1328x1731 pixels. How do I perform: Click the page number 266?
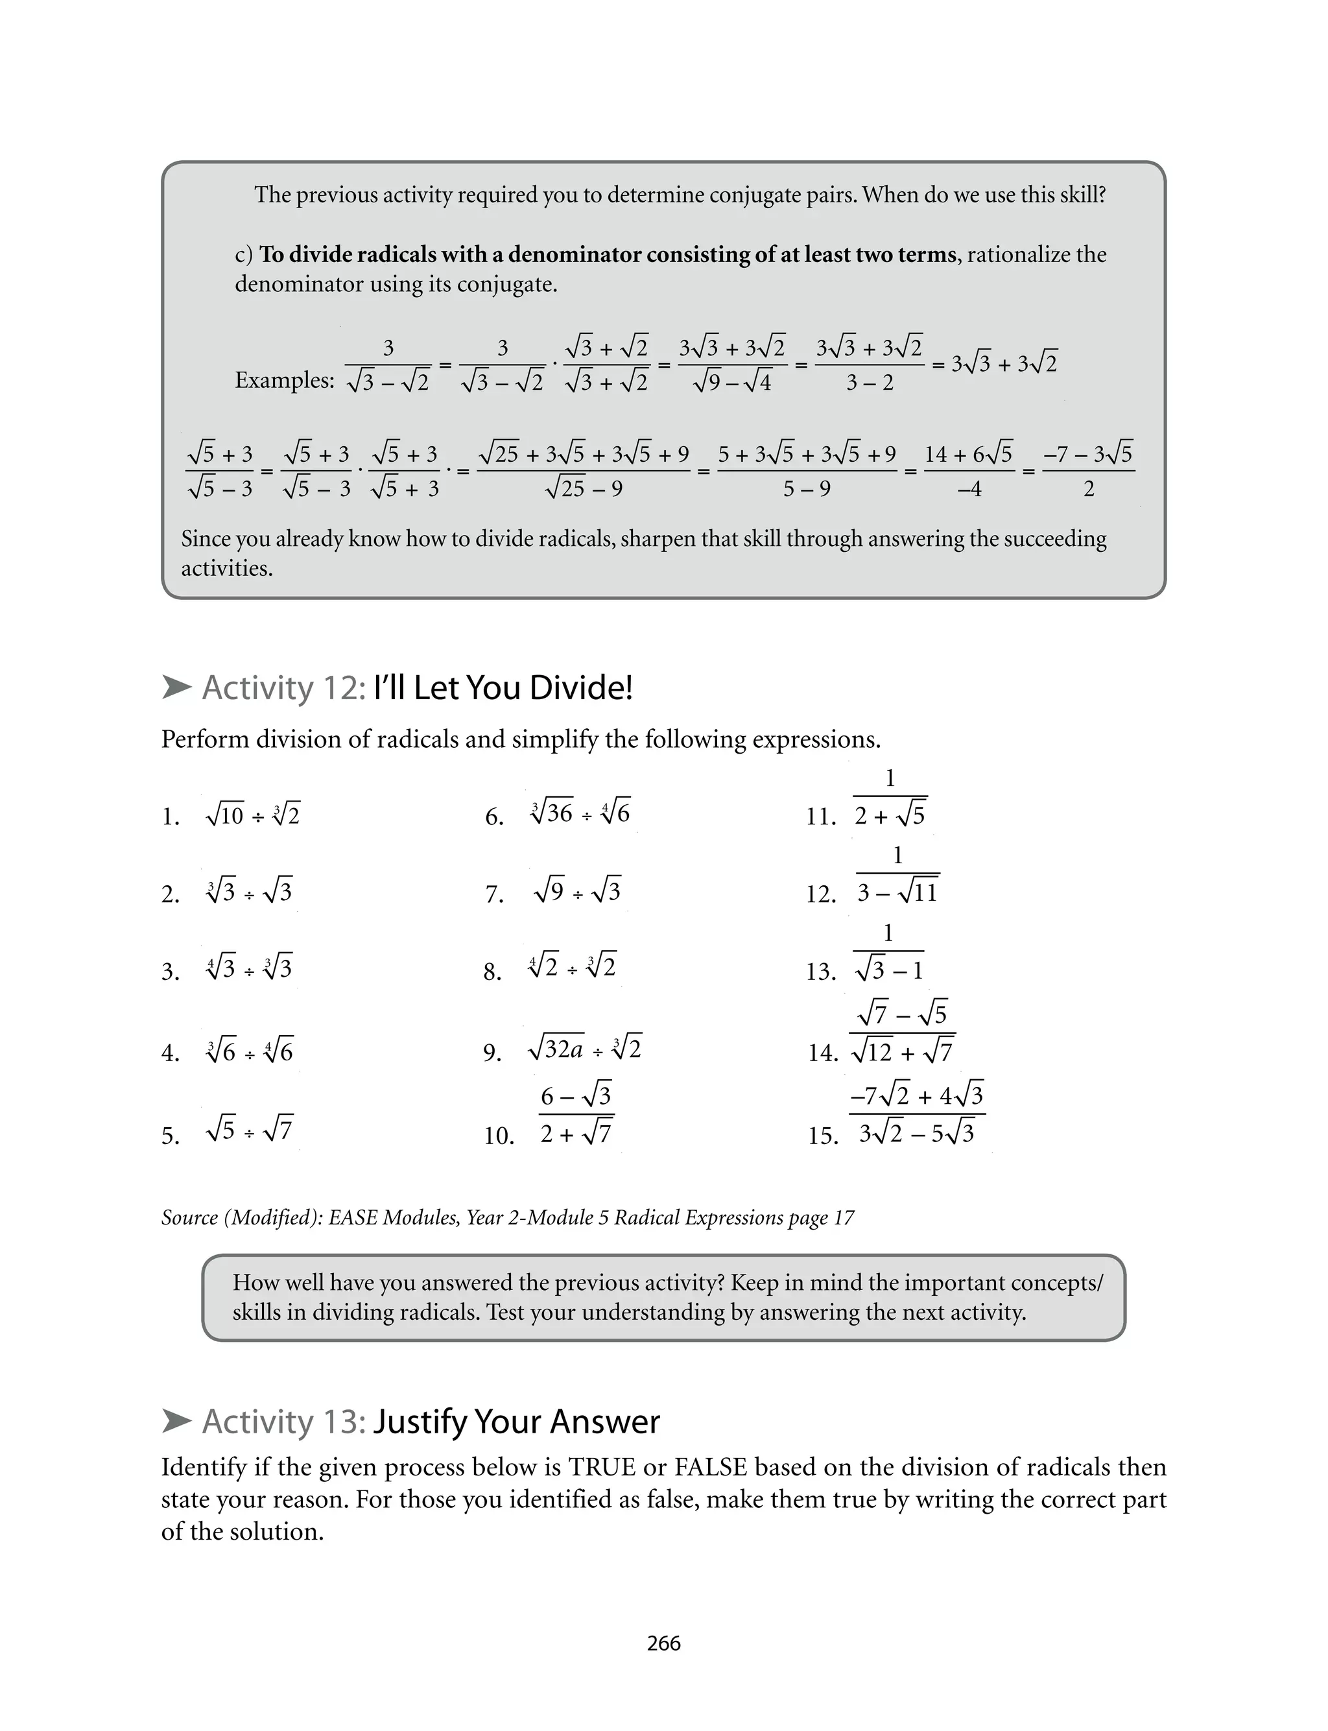point(663,1643)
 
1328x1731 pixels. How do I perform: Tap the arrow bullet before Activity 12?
point(176,687)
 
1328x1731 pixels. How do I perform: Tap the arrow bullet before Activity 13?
point(176,1421)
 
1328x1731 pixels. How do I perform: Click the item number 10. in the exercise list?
point(499,1136)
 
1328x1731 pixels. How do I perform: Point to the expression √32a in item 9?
point(556,1049)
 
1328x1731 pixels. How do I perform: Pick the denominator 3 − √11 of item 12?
point(897,892)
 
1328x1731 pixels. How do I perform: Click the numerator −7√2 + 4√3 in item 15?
point(917,1095)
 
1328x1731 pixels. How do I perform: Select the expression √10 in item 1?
point(224,814)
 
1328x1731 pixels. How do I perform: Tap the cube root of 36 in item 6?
point(552,813)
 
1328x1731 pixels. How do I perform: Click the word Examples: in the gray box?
point(285,380)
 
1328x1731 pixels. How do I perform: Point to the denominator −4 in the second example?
point(969,489)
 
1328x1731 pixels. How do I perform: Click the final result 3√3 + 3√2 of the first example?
point(1004,364)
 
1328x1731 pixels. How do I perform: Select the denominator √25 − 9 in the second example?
point(584,489)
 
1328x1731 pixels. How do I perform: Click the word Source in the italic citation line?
point(189,1217)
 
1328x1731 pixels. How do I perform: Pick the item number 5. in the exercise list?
point(171,1136)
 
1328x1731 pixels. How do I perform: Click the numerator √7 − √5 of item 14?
point(902,1013)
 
